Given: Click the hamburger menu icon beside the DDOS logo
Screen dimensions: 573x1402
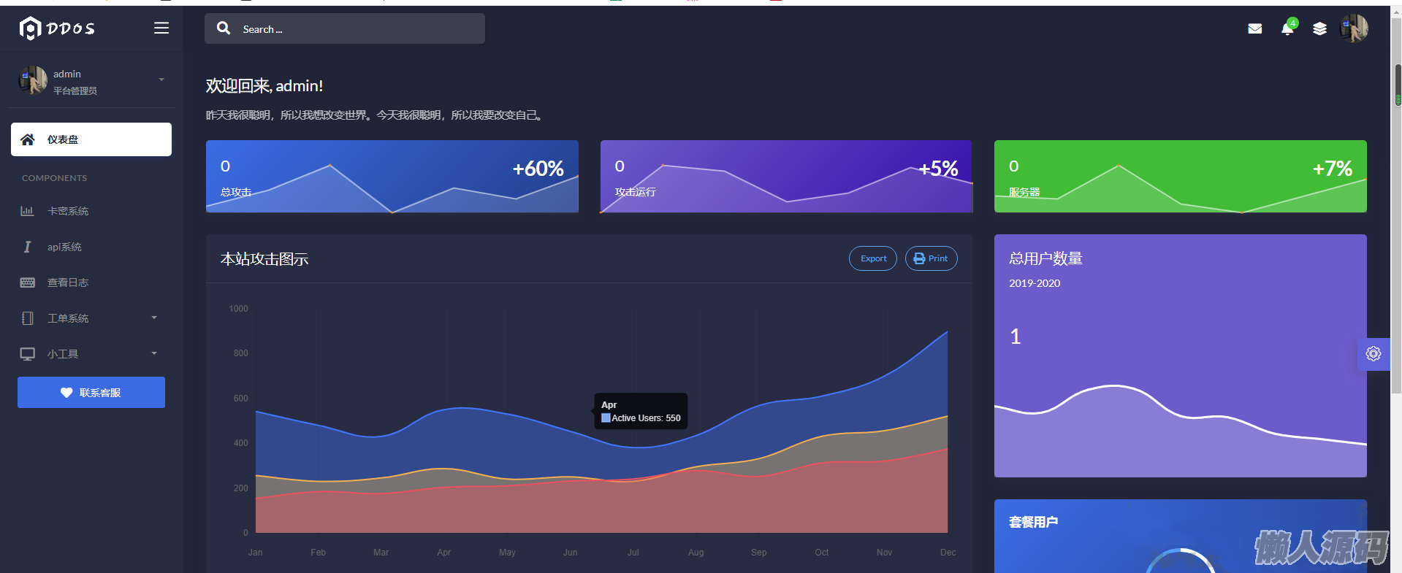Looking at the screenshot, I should pos(161,28).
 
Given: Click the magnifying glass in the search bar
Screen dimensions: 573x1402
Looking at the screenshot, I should pos(224,28).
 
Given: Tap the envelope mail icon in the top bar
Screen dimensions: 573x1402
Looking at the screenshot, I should pos(1254,29).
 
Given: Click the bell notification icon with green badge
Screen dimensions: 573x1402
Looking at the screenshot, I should pos(1287,29).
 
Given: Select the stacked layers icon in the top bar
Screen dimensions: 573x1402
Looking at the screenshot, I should pos(1319,29).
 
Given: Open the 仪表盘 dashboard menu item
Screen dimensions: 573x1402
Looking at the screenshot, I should pos(91,139).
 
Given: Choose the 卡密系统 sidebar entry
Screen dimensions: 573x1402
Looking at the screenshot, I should pos(68,211).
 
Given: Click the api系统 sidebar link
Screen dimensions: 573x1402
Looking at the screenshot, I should pos(64,247).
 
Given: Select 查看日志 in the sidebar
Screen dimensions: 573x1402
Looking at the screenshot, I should pos(68,282).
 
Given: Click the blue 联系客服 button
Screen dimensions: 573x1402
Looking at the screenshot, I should pos(91,393).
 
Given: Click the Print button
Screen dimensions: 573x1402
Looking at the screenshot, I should pos(931,258).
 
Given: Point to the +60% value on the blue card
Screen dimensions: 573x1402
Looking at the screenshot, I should pos(538,169).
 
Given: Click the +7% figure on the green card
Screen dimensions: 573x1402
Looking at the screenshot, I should pos(1332,169).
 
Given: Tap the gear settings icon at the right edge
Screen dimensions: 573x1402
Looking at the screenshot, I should pos(1374,354).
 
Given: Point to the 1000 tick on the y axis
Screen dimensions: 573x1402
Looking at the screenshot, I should pos(238,309).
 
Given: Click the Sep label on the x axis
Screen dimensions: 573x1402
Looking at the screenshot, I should pos(758,553).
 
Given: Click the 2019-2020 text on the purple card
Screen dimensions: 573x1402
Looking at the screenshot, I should pos(1035,283).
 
